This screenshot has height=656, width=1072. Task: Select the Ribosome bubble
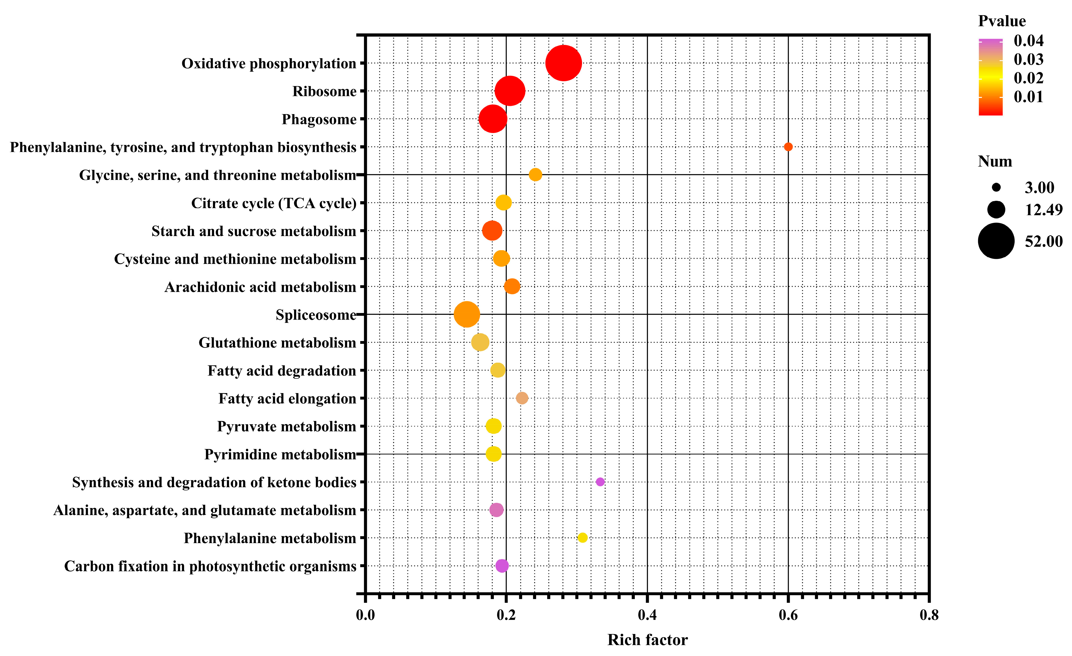(x=510, y=91)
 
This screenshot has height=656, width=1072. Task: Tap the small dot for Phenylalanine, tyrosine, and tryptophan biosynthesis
(x=788, y=147)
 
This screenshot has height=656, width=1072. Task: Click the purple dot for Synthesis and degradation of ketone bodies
(x=600, y=482)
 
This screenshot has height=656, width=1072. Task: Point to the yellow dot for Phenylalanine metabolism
(x=582, y=538)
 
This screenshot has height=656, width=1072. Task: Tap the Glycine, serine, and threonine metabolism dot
(x=535, y=174)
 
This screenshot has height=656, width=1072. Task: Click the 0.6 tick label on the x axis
(x=788, y=615)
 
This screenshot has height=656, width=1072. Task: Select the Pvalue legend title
(x=1002, y=21)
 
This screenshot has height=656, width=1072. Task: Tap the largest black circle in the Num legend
(x=996, y=241)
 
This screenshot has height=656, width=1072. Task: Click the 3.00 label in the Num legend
(x=1039, y=188)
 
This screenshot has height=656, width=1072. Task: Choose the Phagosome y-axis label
(x=319, y=119)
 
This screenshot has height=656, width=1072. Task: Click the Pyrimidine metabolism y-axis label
(x=280, y=455)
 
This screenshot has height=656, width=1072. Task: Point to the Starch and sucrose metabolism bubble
(x=492, y=230)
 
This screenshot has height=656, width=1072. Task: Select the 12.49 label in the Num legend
(x=1043, y=210)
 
